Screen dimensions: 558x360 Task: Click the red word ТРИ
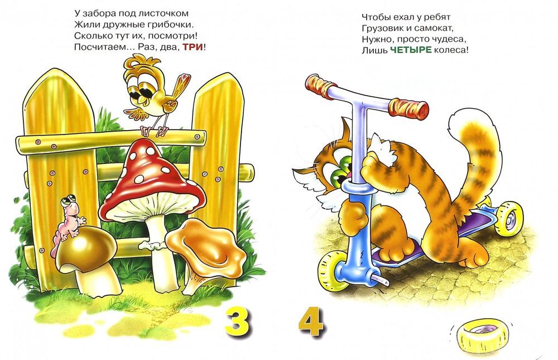[x=193, y=47]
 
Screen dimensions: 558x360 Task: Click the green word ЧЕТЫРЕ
[x=411, y=50]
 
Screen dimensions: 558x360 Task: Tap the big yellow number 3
[x=237, y=323]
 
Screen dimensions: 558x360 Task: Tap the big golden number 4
[x=311, y=322]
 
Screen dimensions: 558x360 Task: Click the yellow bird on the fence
[x=153, y=94]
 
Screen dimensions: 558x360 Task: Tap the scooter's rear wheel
[x=509, y=218]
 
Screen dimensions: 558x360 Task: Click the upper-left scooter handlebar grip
[x=321, y=87]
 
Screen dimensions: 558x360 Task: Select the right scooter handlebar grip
[x=408, y=108]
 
